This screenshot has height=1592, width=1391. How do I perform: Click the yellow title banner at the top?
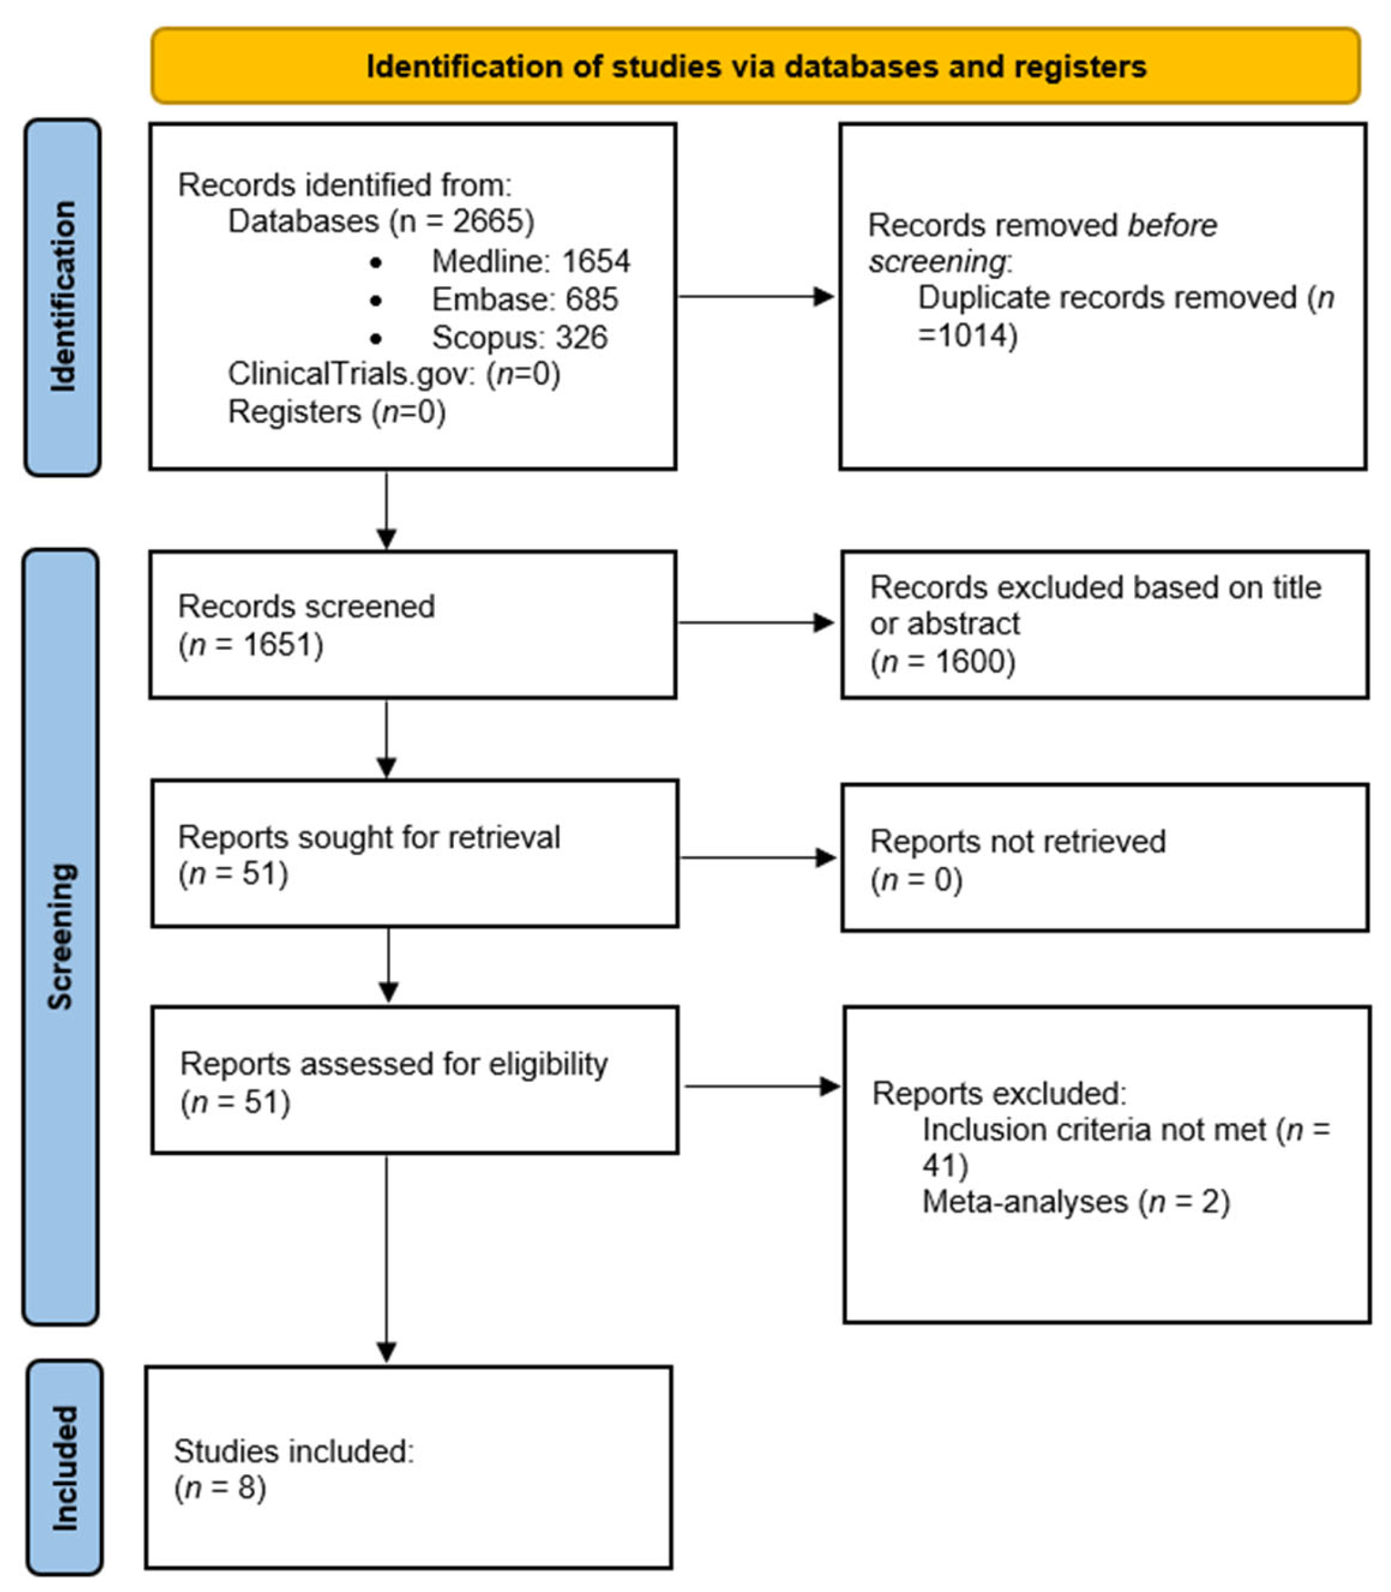pyautogui.click(x=755, y=67)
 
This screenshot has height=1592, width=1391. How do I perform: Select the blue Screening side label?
pyautogui.click(x=61, y=936)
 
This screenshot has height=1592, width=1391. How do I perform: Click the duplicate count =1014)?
pyautogui.click(x=967, y=335)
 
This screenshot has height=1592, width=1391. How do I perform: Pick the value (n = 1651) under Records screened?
pyautogui.click(x=251, y=645)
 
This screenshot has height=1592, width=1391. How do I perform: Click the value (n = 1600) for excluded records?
pyautogui.click(x=942, y=662)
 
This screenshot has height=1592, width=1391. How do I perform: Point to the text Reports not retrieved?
pyautogui.click(x=1017, y=842)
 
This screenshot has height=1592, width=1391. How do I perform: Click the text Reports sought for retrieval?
pyautogui.click(x=368, y=837)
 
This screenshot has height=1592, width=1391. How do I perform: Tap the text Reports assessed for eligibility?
pyautogui.click(x=393, y=1064)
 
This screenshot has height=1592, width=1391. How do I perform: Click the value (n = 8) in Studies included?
pyautogui.click(x=220, y=1488)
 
